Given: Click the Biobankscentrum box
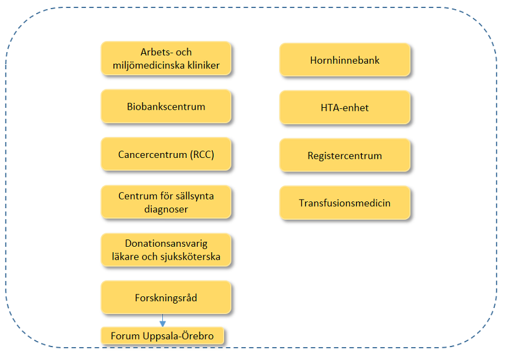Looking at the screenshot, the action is [166, 106].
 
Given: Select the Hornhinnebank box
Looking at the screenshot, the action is [345, 60].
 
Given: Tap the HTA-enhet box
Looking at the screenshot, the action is [345, 107].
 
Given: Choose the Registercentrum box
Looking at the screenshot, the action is [345, 155].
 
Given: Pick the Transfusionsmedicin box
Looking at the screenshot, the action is [345, 203].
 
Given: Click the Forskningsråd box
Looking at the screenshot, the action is [166, 298].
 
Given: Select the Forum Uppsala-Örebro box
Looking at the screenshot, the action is [162, 336].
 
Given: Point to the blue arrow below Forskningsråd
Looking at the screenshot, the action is [163, 320].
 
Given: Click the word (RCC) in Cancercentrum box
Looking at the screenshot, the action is [202, 154].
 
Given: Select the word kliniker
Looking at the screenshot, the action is [204, 66].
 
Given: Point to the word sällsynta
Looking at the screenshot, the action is [194, 196].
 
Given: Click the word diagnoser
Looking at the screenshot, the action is [166, 209].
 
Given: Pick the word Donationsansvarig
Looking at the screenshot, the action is [166, 244].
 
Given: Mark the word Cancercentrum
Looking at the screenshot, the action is [153, 154].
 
